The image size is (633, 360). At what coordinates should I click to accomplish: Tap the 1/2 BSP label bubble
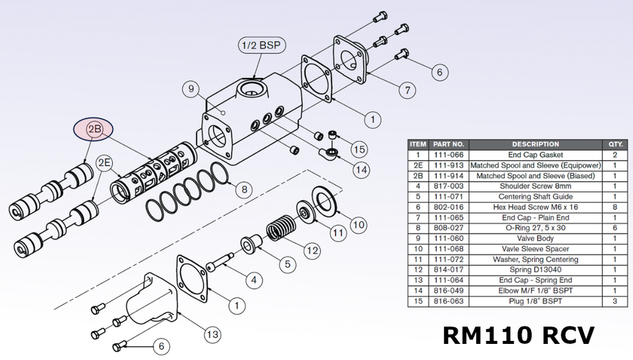(258, 45)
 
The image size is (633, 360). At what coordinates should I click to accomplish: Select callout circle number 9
(192, 89)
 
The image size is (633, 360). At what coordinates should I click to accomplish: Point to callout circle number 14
(360, 169)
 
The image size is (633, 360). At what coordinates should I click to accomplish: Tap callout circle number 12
(312, 251)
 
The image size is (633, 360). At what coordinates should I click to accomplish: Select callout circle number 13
(212, 335)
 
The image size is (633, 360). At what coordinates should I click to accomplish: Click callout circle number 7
(407, 90)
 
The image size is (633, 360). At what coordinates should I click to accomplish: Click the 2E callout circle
(104, 163)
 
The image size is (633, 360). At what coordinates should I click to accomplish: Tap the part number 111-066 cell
(449, 155)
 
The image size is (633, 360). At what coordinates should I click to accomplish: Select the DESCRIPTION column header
(535, 144)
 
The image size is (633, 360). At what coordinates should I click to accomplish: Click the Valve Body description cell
(535, 239)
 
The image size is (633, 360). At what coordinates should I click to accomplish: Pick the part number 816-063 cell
(449, 301)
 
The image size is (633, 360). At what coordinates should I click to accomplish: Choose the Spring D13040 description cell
(535, 270)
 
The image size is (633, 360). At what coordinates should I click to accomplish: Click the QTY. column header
(614, 144)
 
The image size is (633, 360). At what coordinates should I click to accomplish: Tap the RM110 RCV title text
(519, 335)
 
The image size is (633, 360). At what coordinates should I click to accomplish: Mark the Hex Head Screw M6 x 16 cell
(535, 207)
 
